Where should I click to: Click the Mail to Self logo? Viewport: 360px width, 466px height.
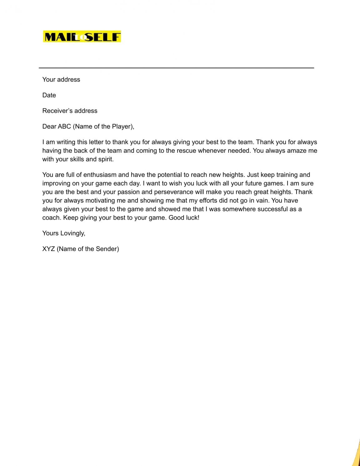(x=82, y=37)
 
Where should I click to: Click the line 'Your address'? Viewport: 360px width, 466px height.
(x=61, y=80)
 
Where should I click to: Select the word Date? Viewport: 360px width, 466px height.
(x=49, y=95)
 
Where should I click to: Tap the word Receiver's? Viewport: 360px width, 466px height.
(x=55, y=111)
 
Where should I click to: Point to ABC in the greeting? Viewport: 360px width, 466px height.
(x=64, y=127)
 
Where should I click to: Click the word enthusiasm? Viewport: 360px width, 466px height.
(x=100, y=175)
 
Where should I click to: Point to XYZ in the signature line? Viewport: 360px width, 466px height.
(x=49, y=249)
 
